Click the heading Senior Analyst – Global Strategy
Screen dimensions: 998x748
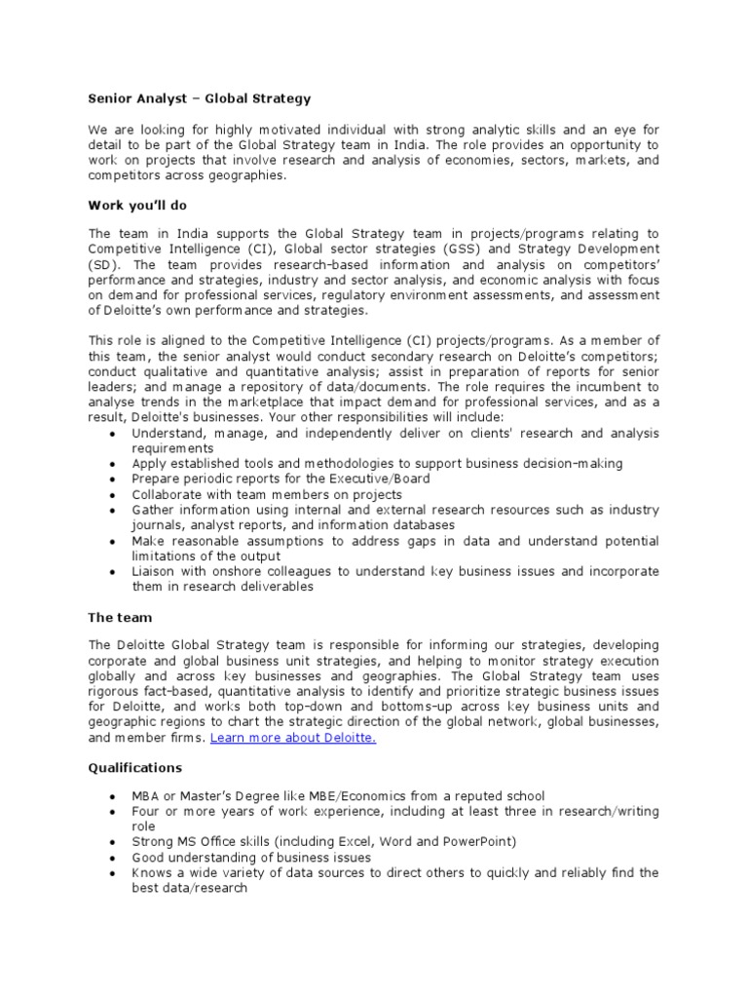click(201, 98)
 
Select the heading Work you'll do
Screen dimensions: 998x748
click(137, 206)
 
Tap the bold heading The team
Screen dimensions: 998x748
click(121, 617)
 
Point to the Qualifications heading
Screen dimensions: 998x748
click(135, 768)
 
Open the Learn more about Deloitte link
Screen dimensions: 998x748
click(293, 738)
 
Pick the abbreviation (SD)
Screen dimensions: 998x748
click(103, 264)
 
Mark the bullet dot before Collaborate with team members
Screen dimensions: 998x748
click(115, 495)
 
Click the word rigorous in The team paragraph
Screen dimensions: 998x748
click(116, 692)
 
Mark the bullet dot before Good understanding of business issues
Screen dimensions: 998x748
click(115, 858)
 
